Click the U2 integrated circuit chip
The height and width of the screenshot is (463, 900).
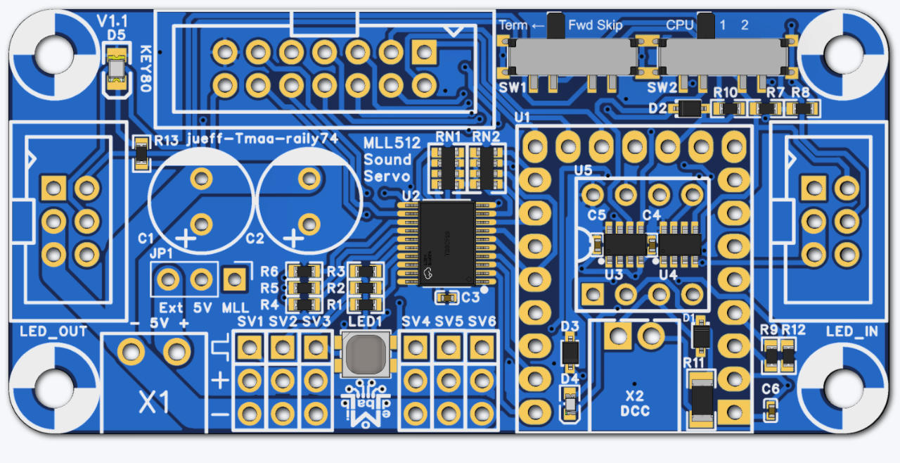click(x=447, y=243)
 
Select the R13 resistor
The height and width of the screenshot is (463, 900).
click(x=142, y=153)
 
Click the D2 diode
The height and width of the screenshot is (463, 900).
click(x=691, y=108)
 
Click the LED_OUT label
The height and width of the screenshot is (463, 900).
click(x=53, y=331)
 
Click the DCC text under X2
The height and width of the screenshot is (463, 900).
click(x=635, y=411)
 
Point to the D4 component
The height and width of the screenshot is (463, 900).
click(x=570, y=405)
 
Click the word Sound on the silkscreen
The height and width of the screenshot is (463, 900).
click(x=387, y=159)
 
